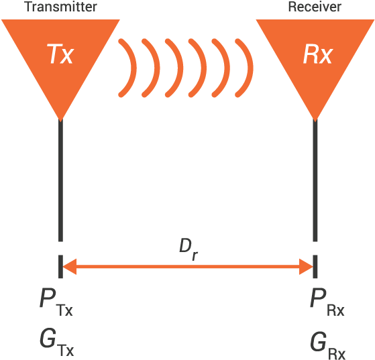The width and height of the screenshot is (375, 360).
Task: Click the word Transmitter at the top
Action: pos(60,7)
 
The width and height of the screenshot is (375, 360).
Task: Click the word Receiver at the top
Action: pos(315,7)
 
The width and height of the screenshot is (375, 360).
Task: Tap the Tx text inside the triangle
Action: pos(60,54)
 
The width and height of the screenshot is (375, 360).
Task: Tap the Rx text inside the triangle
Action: pos(317,54)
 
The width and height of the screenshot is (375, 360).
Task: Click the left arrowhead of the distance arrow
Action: pos(68,267)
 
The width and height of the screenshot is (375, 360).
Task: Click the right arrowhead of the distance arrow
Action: pos(307,267)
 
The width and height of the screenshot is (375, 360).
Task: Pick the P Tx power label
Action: pos(55,302)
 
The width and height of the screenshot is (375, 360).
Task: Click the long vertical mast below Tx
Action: pos(60,181)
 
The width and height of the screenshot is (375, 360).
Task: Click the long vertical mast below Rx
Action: pos(315,181)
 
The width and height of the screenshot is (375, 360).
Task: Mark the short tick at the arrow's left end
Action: pos(60,265)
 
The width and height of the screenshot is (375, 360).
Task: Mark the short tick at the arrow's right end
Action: pos(315,265)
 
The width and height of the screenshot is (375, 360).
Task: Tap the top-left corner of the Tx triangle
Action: pos(4,21)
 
